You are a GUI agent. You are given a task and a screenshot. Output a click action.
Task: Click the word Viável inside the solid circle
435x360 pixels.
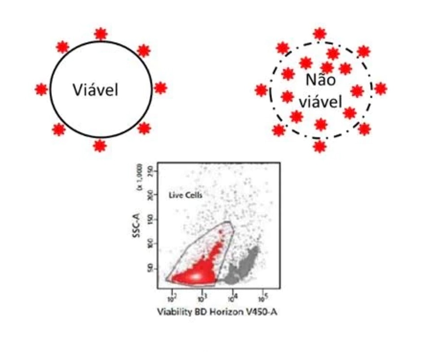point(96,90)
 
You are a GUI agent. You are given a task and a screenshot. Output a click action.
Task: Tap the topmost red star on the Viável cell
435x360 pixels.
point(101,34)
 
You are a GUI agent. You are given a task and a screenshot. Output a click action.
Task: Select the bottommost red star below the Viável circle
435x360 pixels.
point(100,145)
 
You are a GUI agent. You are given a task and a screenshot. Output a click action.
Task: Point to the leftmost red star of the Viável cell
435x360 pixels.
point(41,89)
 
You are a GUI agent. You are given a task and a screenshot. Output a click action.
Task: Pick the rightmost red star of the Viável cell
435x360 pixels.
point(160,88)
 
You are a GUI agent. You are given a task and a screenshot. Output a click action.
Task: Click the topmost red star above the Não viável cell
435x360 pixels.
point(319,34)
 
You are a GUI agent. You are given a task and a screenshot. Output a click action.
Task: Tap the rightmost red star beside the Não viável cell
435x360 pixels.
point(380,89)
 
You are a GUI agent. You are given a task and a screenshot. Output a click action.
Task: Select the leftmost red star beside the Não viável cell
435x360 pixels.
point(261,90)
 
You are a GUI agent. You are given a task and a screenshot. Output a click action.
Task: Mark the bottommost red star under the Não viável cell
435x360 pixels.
point(319,146)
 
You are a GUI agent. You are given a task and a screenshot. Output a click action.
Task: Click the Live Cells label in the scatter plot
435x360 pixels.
point(186,195)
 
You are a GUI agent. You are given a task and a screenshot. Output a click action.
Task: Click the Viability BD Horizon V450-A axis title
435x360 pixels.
point(217,312)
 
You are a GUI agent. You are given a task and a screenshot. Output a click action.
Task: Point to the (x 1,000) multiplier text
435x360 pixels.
point(151,178)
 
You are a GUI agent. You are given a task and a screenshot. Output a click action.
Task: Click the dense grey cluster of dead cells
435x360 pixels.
point(242,267)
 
